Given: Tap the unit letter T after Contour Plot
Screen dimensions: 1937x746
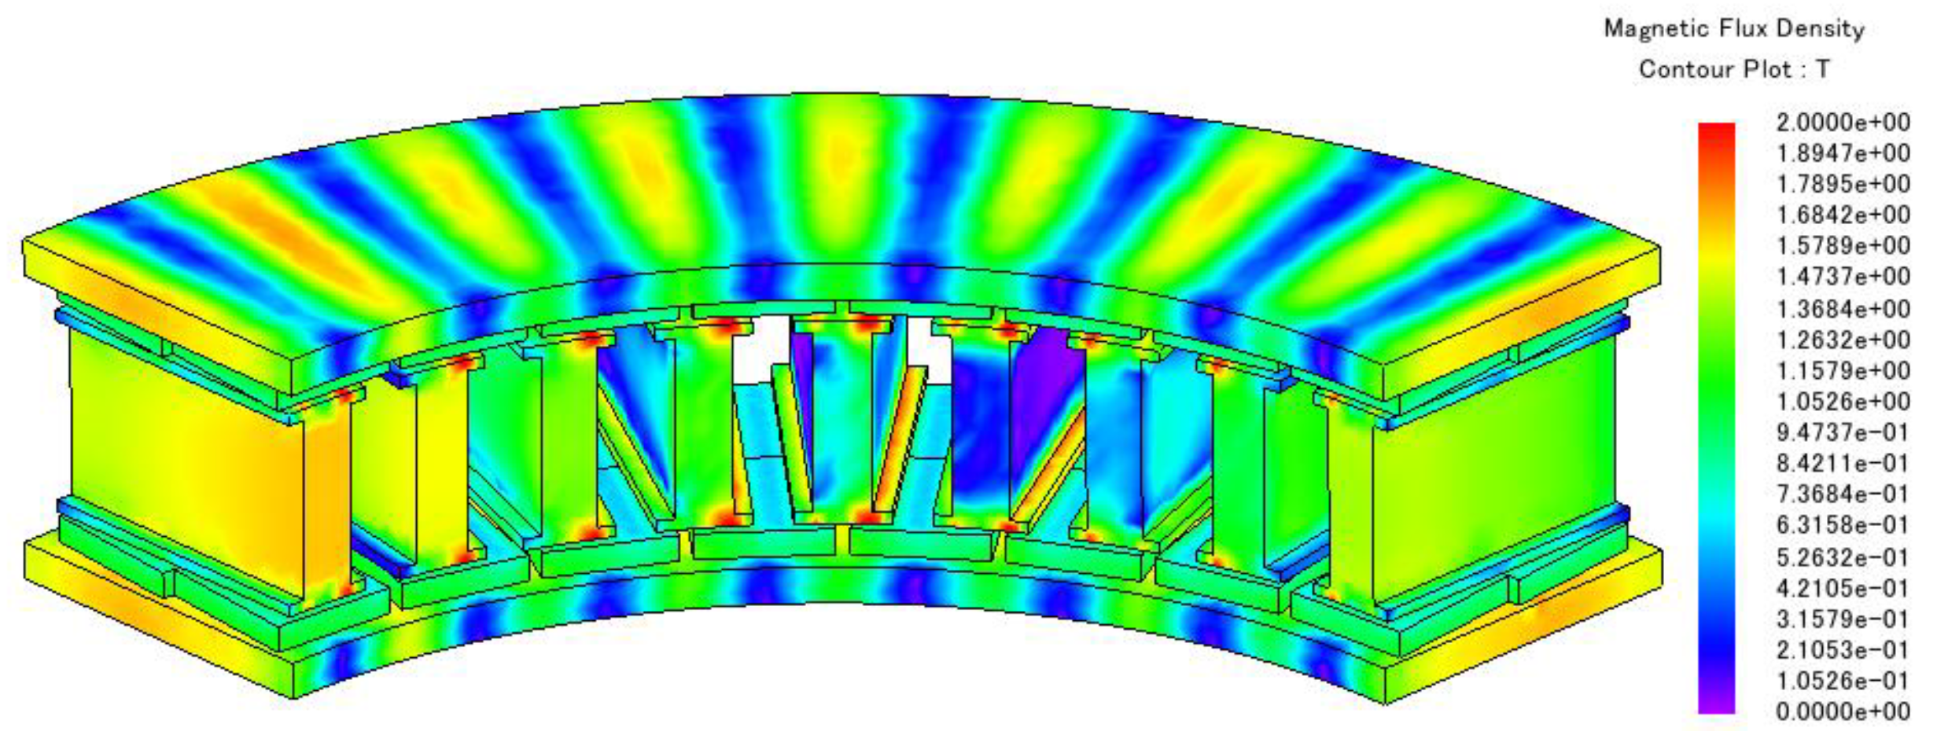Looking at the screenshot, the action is (1824, 69).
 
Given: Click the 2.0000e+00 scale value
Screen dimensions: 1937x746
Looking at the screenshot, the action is (1843, 122).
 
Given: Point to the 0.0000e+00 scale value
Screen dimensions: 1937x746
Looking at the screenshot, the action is (1843, 711).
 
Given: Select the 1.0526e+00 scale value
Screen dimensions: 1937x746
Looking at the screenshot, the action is (1843, 401).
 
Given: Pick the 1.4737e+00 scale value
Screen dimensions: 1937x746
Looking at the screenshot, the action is (1843, 277).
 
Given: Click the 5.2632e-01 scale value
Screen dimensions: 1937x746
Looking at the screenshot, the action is (1843, 557).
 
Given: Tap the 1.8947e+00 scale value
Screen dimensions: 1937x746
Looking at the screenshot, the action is (1843, 153).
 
